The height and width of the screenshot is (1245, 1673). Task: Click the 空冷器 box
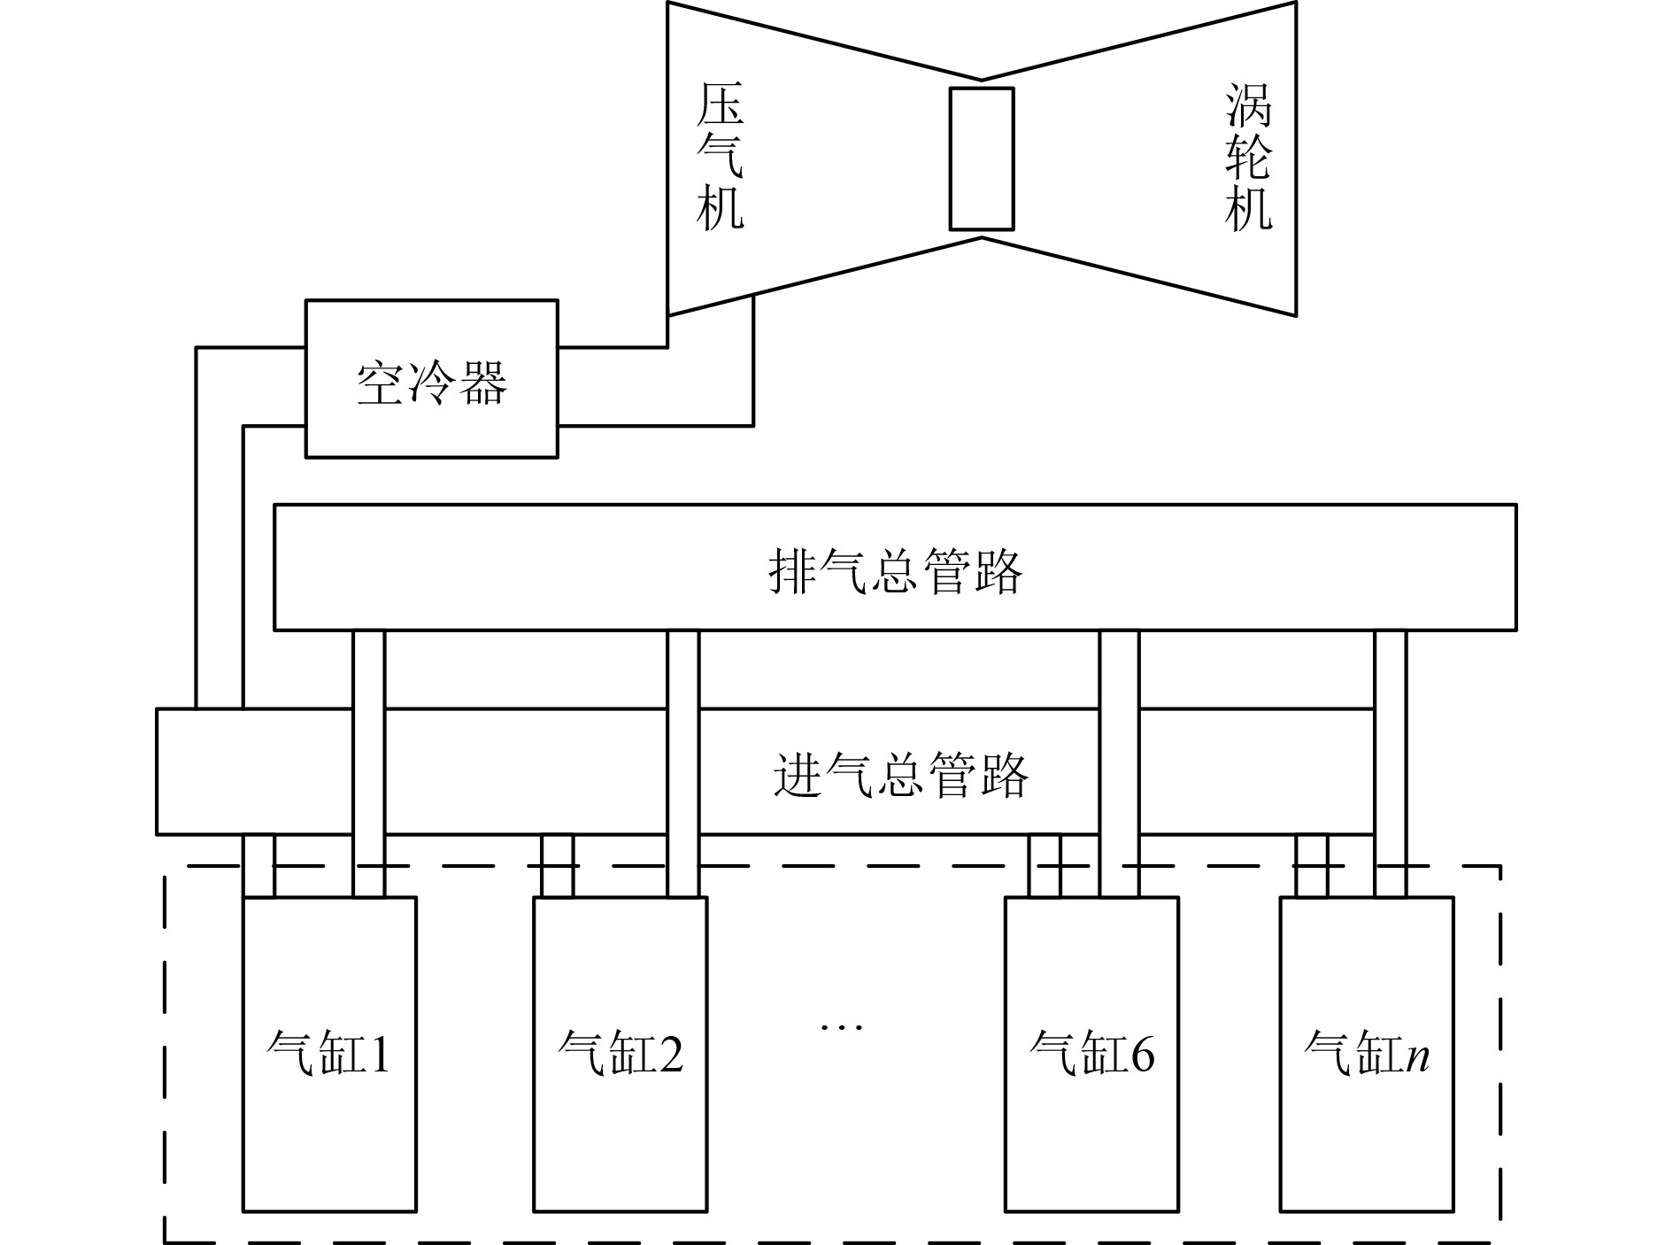tap(431, 378)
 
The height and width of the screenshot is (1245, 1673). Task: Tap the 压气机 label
tap(719, 158)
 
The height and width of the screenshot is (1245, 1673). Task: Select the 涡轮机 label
tap(1248, 158)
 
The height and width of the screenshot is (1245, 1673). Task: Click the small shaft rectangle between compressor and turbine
tap(981, 159)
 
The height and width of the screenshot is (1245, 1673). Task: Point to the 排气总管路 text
tap(895, 570)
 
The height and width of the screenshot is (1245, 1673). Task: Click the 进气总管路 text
tap(900, 774)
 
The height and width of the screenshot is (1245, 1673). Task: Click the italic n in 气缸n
tap(1418, 1056)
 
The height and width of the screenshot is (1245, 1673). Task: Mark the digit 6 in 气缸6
tap(1143, 1054)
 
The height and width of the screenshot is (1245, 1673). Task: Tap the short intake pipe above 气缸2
tap(557, 866)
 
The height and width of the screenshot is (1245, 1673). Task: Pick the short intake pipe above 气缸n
tap(1311, 866)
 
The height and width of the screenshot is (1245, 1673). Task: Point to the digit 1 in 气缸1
tap(379, 1054)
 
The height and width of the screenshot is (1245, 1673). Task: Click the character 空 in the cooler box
tap(381, 383)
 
